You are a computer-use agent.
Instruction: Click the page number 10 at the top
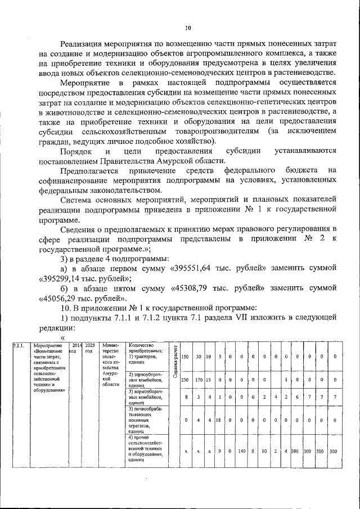[188, 29]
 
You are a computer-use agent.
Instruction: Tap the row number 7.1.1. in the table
[18, 345]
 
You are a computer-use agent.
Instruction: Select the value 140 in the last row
[243, 451]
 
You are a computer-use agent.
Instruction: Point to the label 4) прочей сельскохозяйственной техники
[146, 448]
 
